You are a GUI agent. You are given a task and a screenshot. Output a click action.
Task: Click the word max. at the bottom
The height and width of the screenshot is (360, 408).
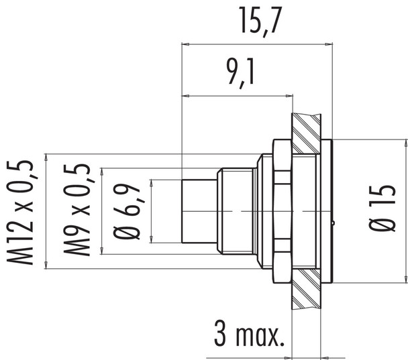pyautogui.click(x=260, y=333)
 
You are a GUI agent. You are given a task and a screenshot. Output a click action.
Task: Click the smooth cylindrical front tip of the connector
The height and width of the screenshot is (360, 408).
pyautogui.click(x=200, y=210)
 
